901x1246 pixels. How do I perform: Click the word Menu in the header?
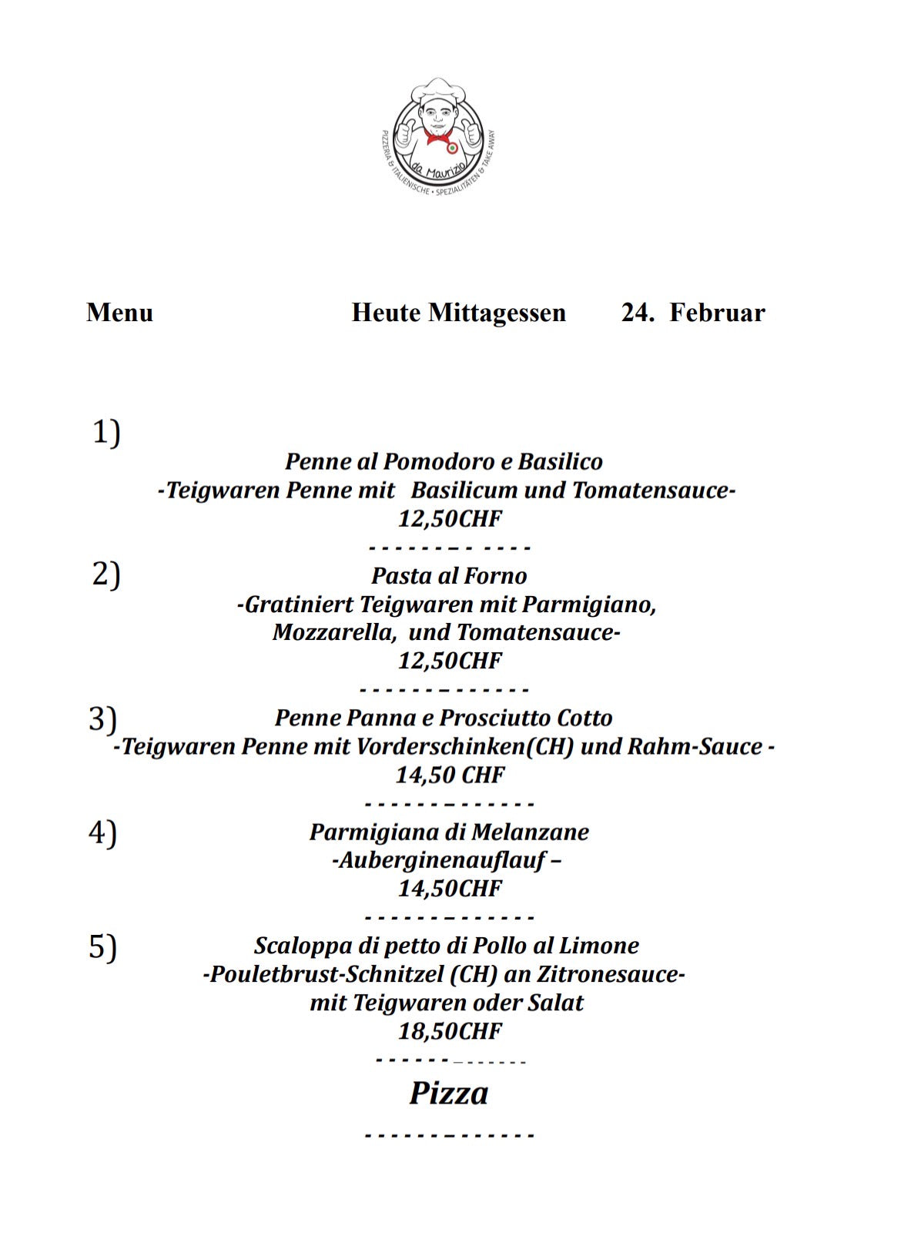click(119, 313)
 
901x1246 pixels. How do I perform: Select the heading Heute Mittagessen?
click(458, 313)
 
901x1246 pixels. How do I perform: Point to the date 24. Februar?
click(692, 313)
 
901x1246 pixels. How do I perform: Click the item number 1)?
click(106, 432)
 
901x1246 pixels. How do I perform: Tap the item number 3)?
click(103, 718)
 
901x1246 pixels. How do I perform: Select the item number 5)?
click(103, 946)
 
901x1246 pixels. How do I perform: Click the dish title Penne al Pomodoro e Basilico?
click(444, 461)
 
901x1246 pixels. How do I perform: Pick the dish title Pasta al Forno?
click(449, 575)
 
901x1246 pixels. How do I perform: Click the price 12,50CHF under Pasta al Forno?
click(449, 661)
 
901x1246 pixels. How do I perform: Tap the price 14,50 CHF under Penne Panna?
click(450, 775)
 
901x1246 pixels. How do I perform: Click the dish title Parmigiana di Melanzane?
click(449, 832)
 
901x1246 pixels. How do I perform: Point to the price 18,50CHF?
click(449, 1031)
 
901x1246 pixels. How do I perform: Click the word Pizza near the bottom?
click(448, 1094)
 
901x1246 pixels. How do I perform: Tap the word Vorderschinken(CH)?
click(465, 746)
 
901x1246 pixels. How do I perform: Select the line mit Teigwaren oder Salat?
click(447, 1003)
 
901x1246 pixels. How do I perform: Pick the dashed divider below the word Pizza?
click(449, 1135)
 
